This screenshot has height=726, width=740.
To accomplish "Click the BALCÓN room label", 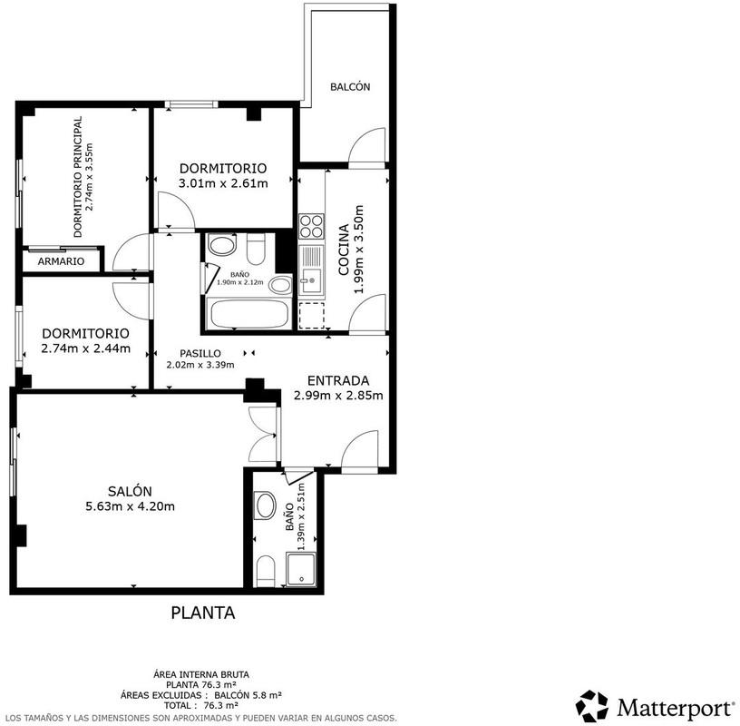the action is (x=350, y=87).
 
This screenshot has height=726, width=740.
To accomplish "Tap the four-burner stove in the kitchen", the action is (x=311, y=227).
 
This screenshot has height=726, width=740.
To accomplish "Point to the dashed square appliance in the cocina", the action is (x=311, y=315).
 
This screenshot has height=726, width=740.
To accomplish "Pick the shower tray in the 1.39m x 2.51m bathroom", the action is (x=301, y=570).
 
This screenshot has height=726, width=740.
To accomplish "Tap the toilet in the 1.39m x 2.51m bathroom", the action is (x=266, y=571).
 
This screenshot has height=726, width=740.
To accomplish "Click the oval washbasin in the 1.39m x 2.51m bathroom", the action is (x=265, y=505).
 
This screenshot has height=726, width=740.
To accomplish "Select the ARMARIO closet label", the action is (x=61, y=261).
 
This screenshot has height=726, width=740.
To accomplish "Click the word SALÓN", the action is (x=130, y=491).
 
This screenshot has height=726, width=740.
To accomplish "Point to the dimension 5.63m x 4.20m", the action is (x=130, y=506).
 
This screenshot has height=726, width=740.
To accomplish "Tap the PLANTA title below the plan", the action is (x=203, y=613).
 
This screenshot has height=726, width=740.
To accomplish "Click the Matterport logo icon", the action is (x=592, y=706).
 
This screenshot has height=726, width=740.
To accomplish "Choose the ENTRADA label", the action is (x=338, y=381).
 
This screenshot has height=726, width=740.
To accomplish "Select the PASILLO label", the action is (x=200, y=353).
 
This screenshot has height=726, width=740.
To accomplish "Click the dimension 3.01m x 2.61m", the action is (x=223, y=183).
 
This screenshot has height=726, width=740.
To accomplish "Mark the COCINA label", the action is (x=344, y=250).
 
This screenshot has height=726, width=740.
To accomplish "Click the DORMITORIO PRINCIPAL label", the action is (x=78, y=177).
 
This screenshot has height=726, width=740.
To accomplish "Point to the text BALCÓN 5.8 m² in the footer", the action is (x=248, y=695).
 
